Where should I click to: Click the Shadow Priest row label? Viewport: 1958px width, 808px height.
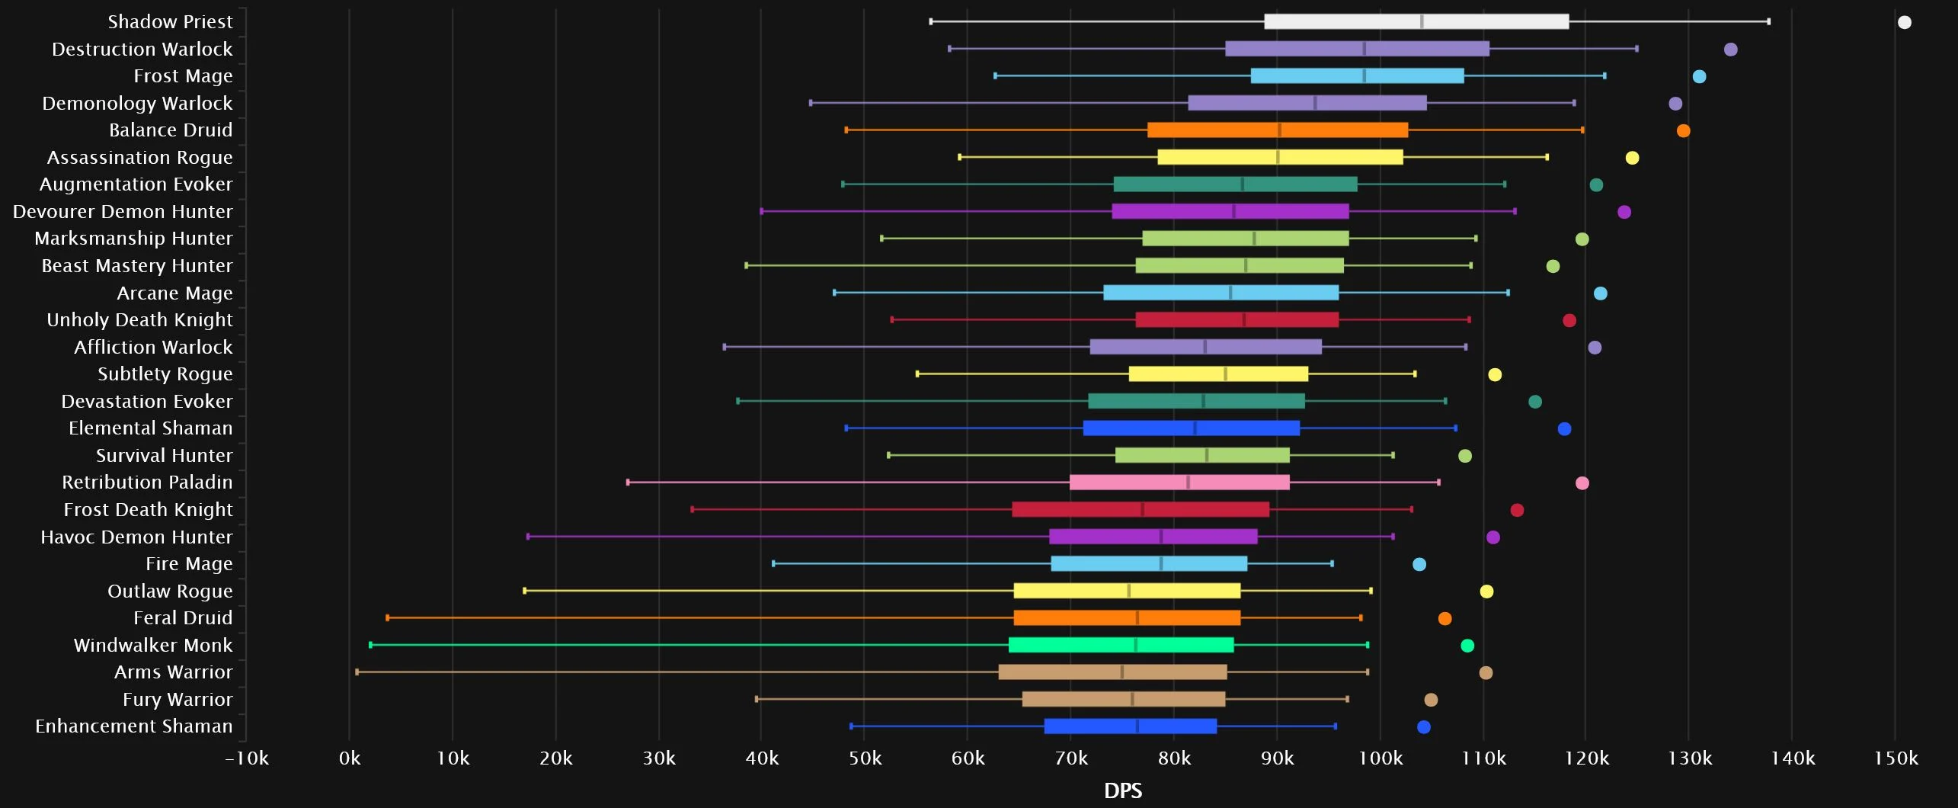(170, 21)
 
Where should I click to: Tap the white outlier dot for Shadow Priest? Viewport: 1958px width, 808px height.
(1904, 22)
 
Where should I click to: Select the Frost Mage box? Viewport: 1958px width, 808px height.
(1356, 76)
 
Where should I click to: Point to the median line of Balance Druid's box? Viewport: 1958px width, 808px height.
(1280, 130)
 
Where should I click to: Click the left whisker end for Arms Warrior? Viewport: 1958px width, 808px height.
(357, 672)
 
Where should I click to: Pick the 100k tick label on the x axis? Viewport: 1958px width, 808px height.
(1380, 758)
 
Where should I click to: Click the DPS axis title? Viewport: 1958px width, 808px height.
(1122, 790)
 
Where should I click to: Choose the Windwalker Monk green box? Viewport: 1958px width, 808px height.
(1120, 645)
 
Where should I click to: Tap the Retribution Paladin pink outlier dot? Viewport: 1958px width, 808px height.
(1582, 483)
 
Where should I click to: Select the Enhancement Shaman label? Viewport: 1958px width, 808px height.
(134, 726)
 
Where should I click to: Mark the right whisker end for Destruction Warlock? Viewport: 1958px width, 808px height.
(1636, 49)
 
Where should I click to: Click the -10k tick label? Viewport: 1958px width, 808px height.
(247, 758)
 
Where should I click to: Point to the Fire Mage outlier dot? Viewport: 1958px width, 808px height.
(1419, 564)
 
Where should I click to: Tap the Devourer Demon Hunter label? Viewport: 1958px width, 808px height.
(123, 212)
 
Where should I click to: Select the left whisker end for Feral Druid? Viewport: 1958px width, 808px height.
(387, 618)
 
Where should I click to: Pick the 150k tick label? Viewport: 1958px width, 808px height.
(1896, 758)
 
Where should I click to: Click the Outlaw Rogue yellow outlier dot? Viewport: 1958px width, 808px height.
(1486, 592)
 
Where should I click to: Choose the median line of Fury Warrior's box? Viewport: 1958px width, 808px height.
(1132, 699)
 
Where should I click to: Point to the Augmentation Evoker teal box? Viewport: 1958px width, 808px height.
(1234, 184)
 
